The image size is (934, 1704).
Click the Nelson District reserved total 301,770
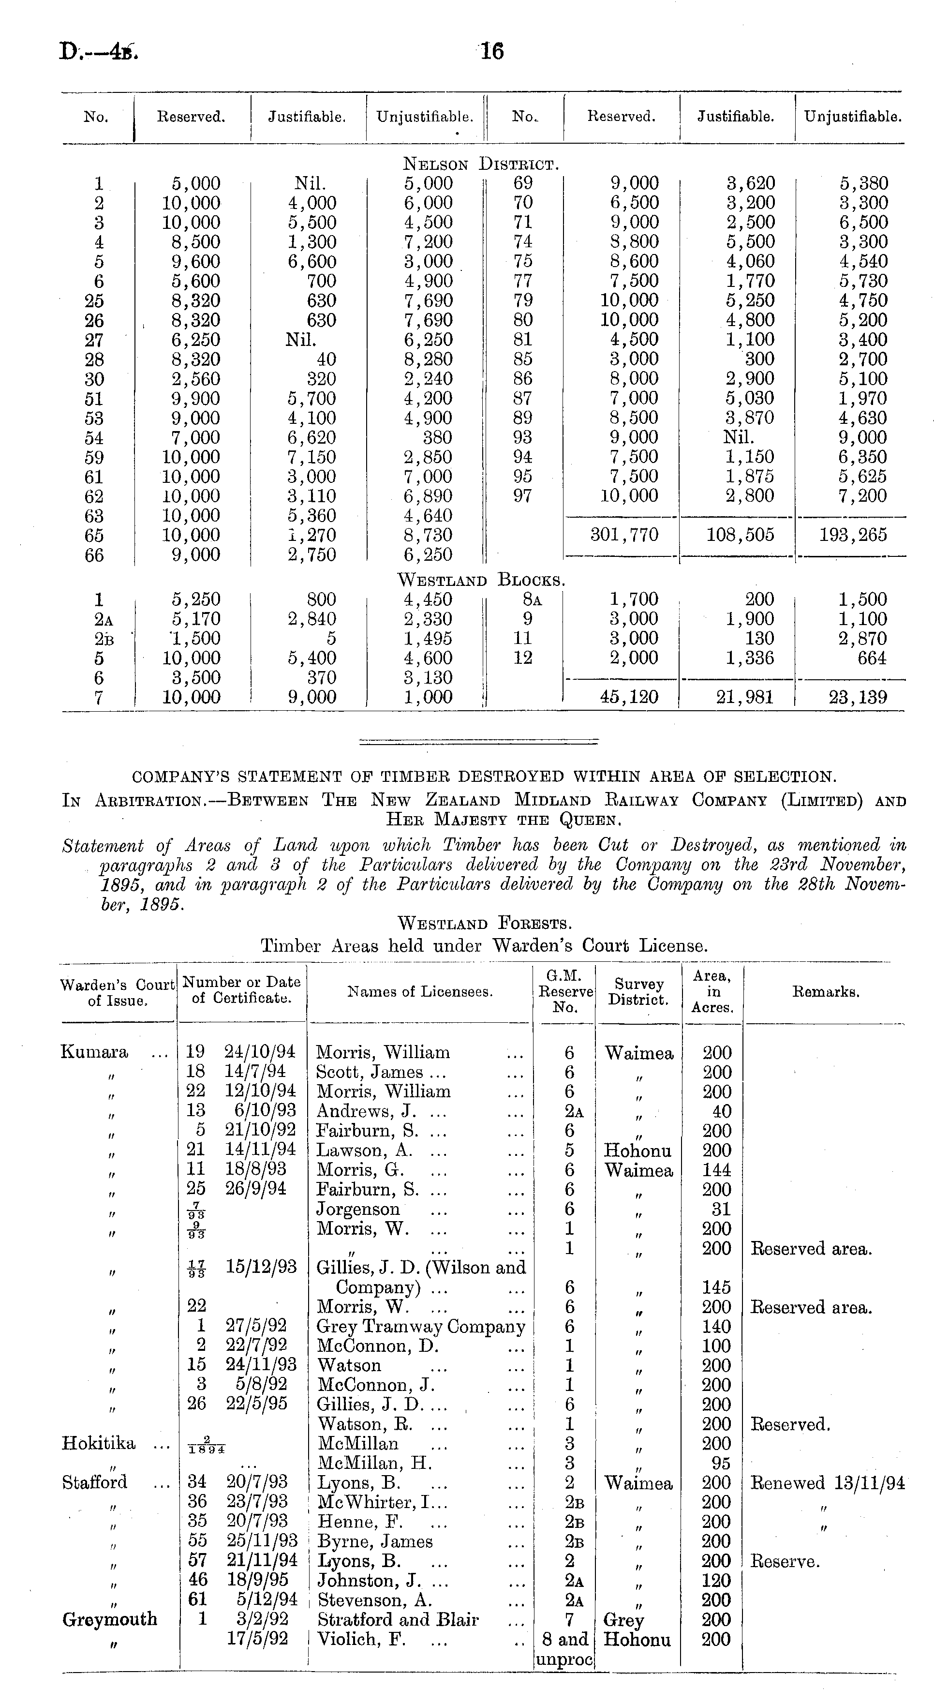624,535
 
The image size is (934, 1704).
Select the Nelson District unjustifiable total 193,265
853,535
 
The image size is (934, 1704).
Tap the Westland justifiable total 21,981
745,697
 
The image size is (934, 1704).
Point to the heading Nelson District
482,164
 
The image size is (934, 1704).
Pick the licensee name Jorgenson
358,1209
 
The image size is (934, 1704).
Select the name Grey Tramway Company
421,1326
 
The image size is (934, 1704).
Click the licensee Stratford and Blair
398,1619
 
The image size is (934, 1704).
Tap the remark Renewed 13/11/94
826,1482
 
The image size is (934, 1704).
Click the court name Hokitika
99,1443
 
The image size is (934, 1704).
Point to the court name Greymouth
110,1619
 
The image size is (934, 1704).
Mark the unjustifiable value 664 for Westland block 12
871,658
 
